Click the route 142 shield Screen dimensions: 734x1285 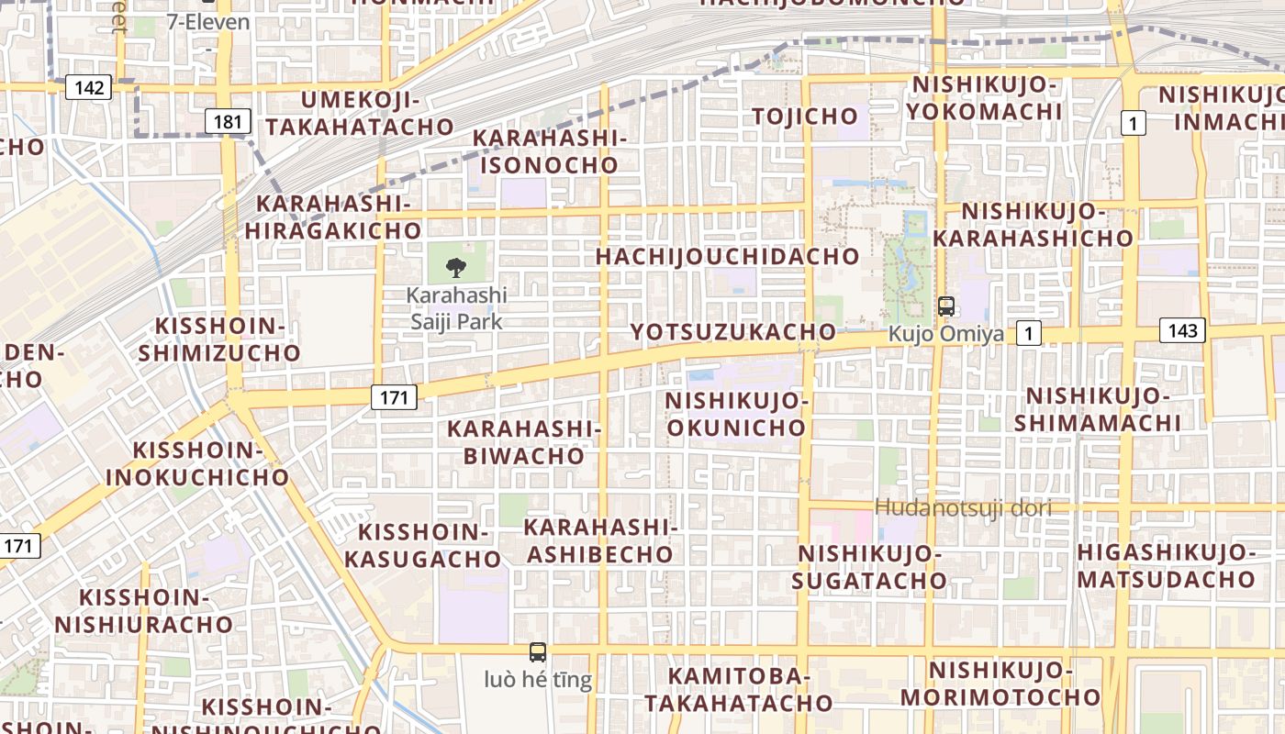click(89, 88)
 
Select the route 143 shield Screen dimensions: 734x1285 click(1182, 330)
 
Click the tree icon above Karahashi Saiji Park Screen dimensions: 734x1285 click(455, 268)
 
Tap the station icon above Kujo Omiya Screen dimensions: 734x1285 click(945, 306)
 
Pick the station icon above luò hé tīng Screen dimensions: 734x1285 click(538, 652)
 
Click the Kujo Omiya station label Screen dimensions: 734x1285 click(945, 334)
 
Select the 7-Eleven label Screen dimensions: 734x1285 click(208, 22)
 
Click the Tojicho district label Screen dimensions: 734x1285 click(805, 117)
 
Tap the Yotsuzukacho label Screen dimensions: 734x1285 click(732, 332)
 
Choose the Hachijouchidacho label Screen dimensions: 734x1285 click(727, 257)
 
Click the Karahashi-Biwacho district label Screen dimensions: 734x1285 click(523, 442)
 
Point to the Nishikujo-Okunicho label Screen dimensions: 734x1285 click(736, 415)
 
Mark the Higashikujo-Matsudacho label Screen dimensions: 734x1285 click(1166, 566)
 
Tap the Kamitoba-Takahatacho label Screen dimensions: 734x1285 click(738, 690)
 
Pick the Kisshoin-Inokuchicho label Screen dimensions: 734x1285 click(197, 464)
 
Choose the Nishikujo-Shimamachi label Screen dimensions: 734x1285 click(1098, 409)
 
